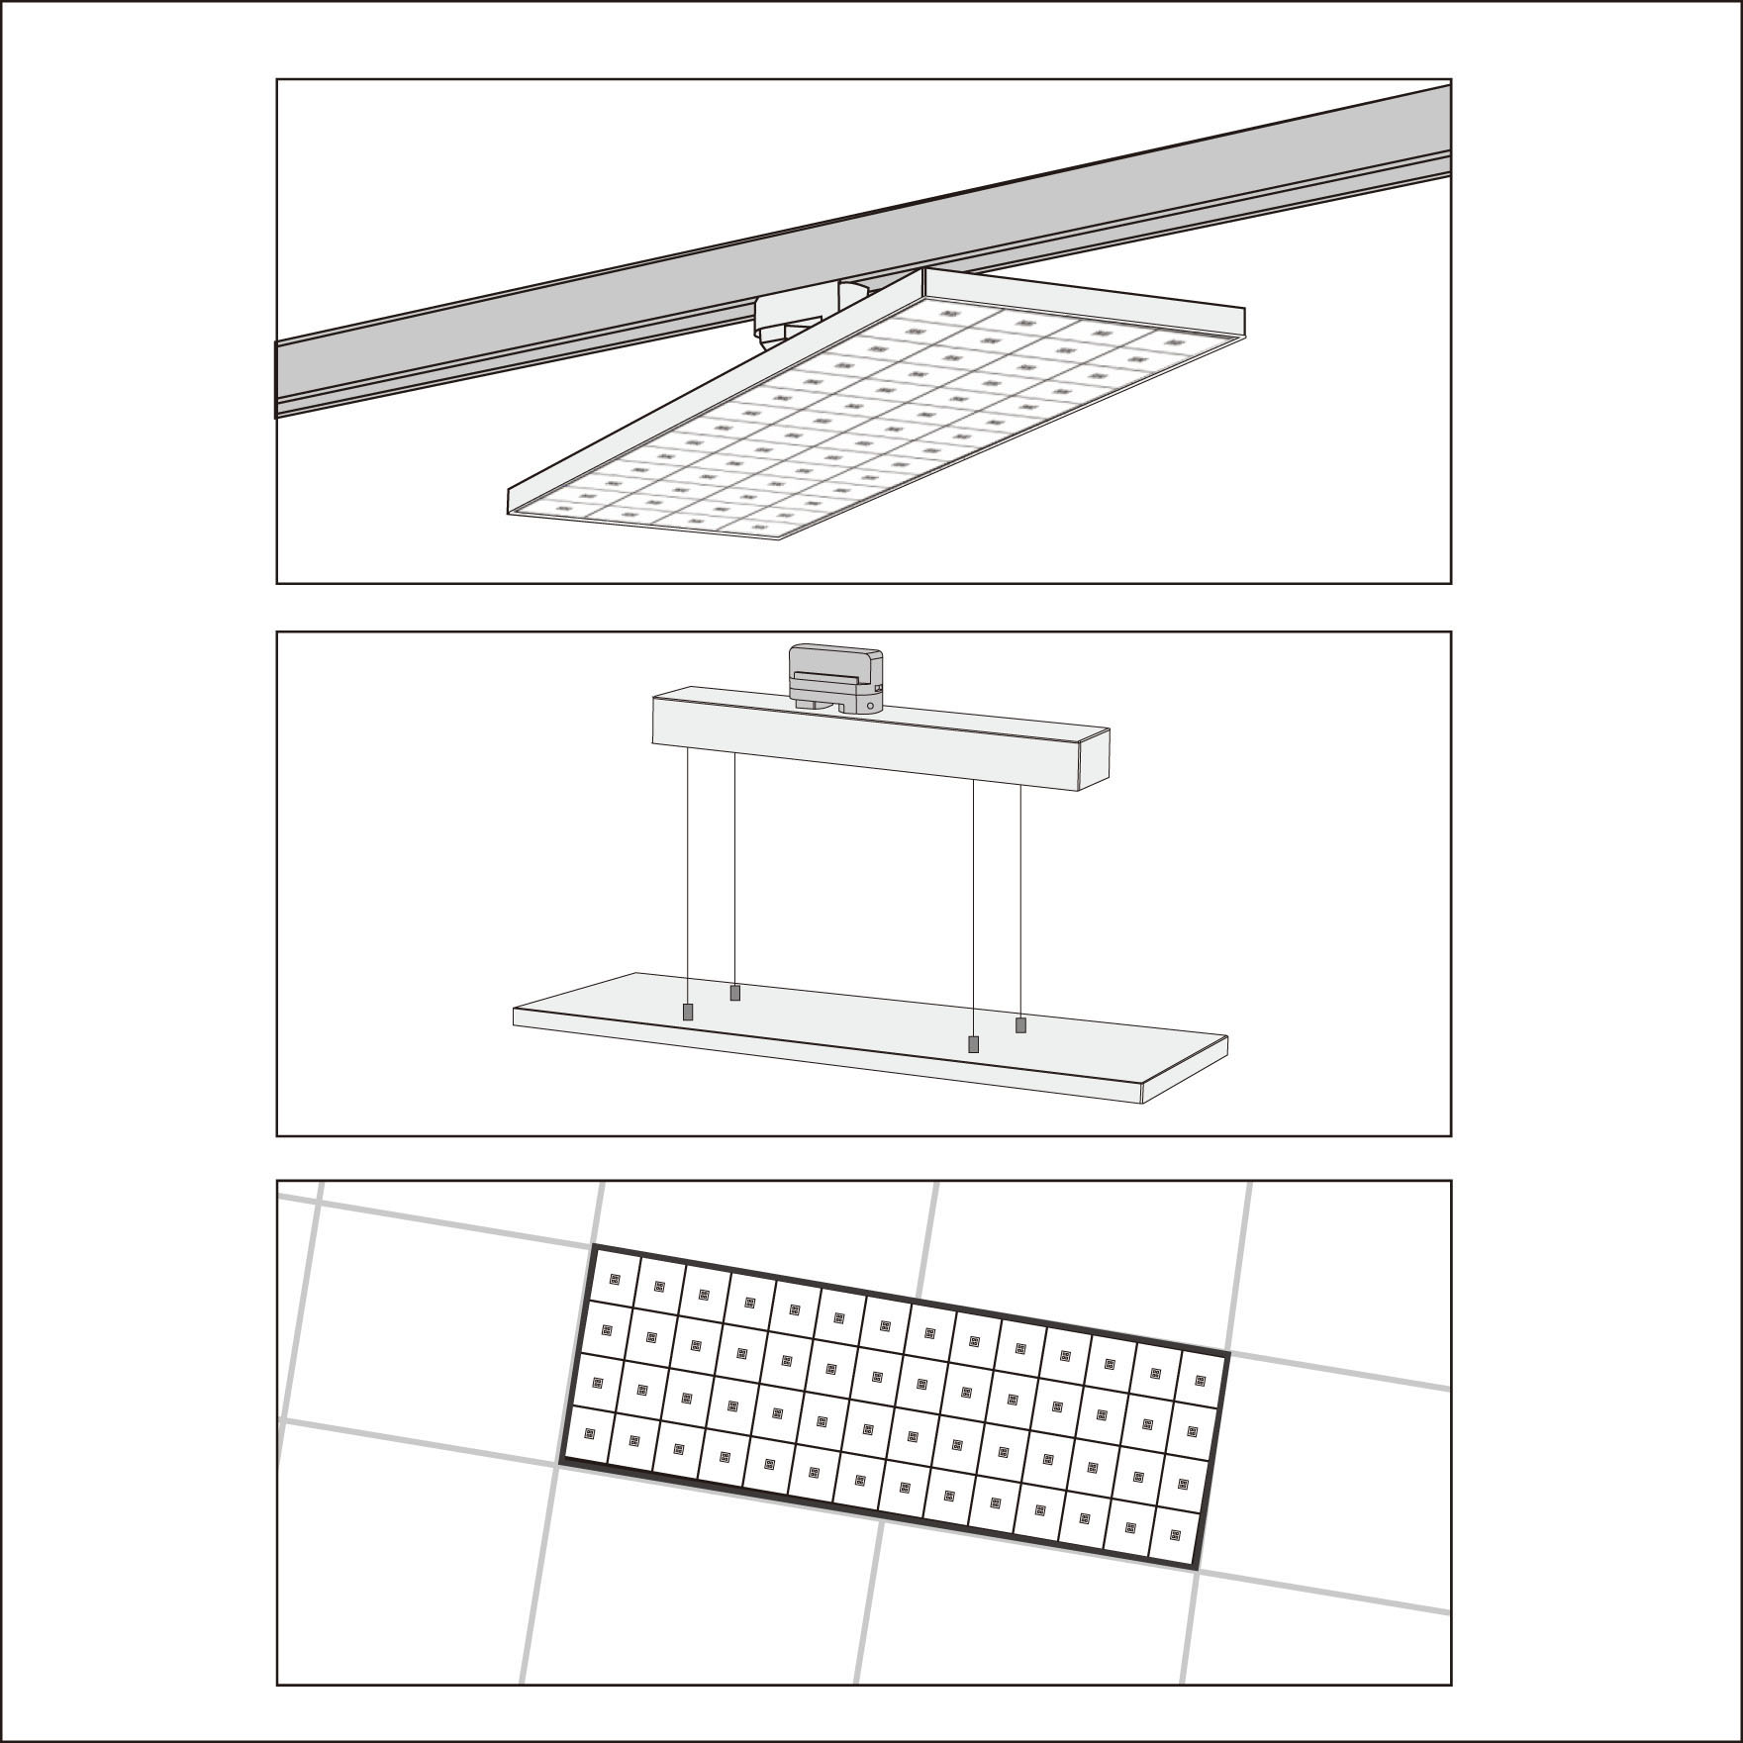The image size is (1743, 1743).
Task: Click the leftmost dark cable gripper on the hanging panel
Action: pos(687,1013)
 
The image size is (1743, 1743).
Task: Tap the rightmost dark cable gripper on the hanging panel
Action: pos(1020,1024)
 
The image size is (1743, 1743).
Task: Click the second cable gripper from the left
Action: pos(734,992)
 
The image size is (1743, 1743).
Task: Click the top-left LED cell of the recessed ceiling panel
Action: pos(614,1278)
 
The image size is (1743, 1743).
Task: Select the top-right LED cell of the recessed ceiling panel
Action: pos(1201,1382)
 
